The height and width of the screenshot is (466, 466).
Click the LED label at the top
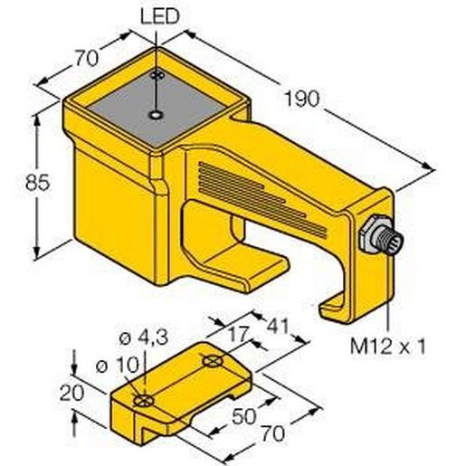click(x=160, y=16)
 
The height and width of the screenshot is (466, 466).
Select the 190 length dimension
click(x=302, y=99)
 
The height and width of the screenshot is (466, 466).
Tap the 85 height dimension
click(x=37, y=183)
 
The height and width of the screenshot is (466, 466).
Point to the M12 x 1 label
click(x=388, y=347)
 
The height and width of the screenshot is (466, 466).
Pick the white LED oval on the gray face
click(x=156, y=115)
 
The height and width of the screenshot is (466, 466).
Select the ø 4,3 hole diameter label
click(x=144, y=338)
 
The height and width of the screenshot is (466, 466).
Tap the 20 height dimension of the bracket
click(x=71, y=393)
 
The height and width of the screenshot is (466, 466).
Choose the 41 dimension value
click(x=279, y=326)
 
